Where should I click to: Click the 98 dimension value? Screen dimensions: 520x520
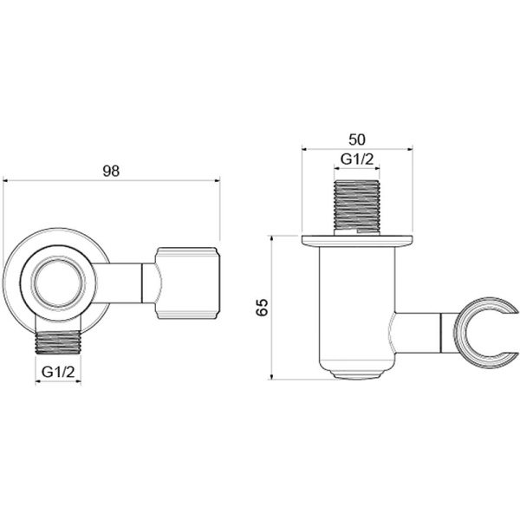point(110,170)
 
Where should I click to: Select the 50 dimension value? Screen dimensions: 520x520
point(357,139)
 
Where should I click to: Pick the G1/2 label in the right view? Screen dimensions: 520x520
point(357,159)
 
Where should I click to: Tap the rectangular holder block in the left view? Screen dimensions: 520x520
point(188,281)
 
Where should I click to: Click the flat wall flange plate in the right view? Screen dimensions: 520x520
point(357,239)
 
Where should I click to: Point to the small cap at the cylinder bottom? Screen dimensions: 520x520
point(357,375)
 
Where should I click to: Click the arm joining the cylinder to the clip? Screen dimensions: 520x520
point(419,332)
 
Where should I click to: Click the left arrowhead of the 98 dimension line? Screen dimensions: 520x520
point(6,180)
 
